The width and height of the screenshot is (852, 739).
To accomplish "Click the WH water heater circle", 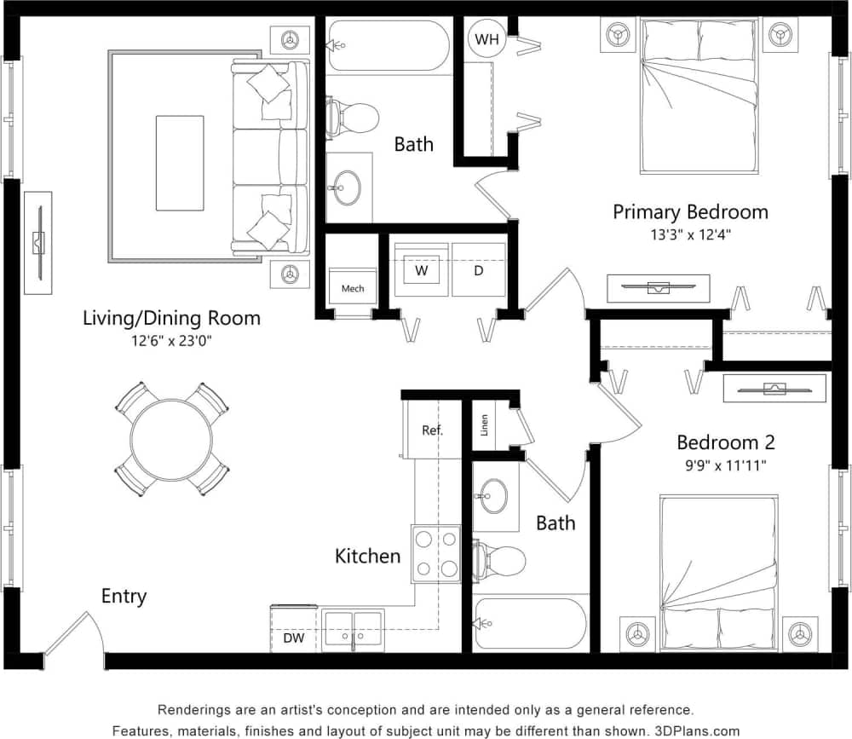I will (486, 38).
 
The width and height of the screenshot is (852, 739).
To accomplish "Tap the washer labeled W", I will (421, 270).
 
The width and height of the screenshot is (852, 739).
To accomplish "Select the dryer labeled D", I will (478, 270).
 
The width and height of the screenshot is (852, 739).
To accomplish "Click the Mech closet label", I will (353, 288).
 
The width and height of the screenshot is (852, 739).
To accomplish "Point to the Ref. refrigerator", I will (433, 430).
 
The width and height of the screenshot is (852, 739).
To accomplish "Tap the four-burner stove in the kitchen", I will (435, 553).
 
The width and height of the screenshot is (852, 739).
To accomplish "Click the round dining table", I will (171, 439).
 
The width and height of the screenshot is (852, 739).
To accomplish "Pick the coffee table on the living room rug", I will (180, 163).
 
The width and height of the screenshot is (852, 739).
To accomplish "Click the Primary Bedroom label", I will (690, 211).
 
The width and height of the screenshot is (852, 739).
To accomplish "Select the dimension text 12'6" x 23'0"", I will (171, 341).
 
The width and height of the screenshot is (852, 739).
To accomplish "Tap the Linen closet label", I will (485, 424).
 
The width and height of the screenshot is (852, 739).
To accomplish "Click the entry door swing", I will (75, 634).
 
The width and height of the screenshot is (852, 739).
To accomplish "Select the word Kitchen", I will (367, 557).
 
